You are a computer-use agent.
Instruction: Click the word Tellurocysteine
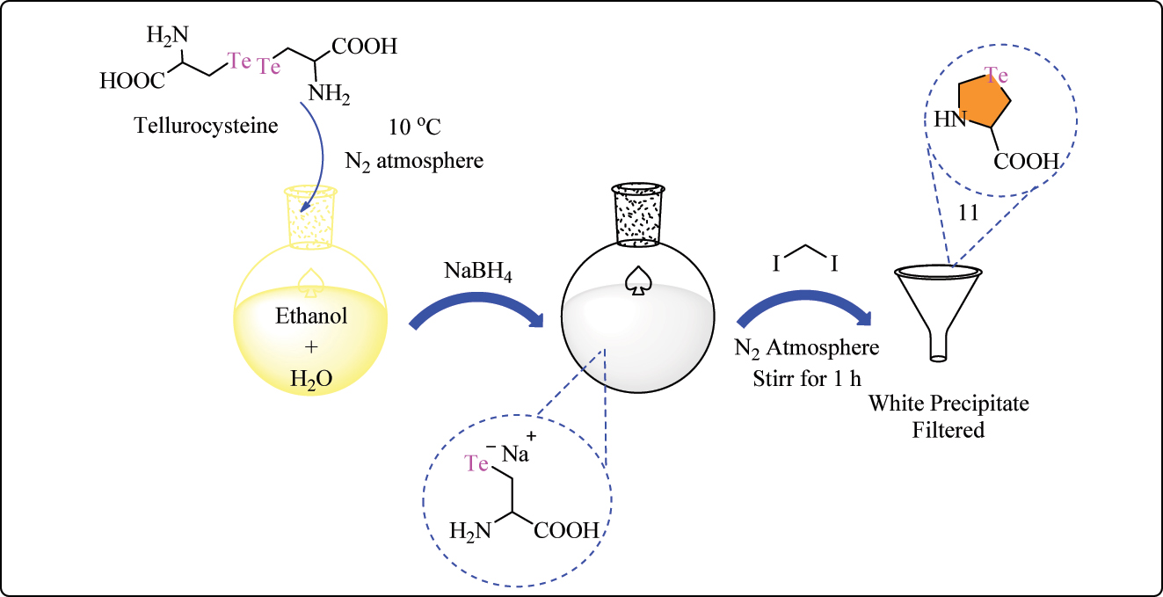pos(206,126)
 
